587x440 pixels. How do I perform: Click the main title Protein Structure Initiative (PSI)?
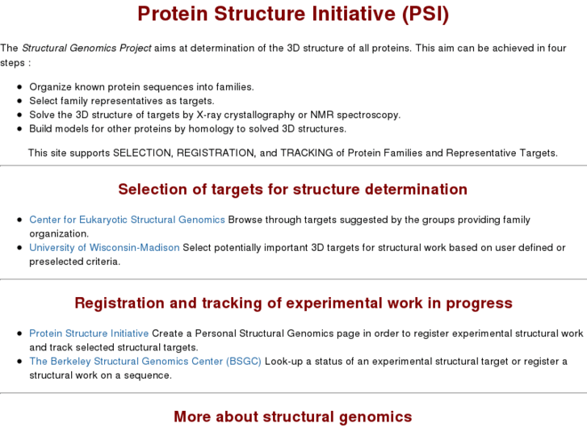293,15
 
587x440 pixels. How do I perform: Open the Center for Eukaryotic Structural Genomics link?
127,220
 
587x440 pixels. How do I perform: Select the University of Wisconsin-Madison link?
104,248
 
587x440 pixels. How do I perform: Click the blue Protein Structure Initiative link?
89,333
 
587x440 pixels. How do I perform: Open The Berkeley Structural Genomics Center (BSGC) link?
145,362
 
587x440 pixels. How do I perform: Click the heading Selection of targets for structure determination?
293,190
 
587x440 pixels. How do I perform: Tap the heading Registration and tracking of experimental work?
293,304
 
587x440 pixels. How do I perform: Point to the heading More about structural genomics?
293,417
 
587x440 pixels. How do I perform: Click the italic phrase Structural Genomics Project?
86,48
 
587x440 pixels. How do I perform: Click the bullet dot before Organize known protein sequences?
19,87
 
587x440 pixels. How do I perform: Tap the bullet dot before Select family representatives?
19,101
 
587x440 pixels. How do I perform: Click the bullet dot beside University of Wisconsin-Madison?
19,248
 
